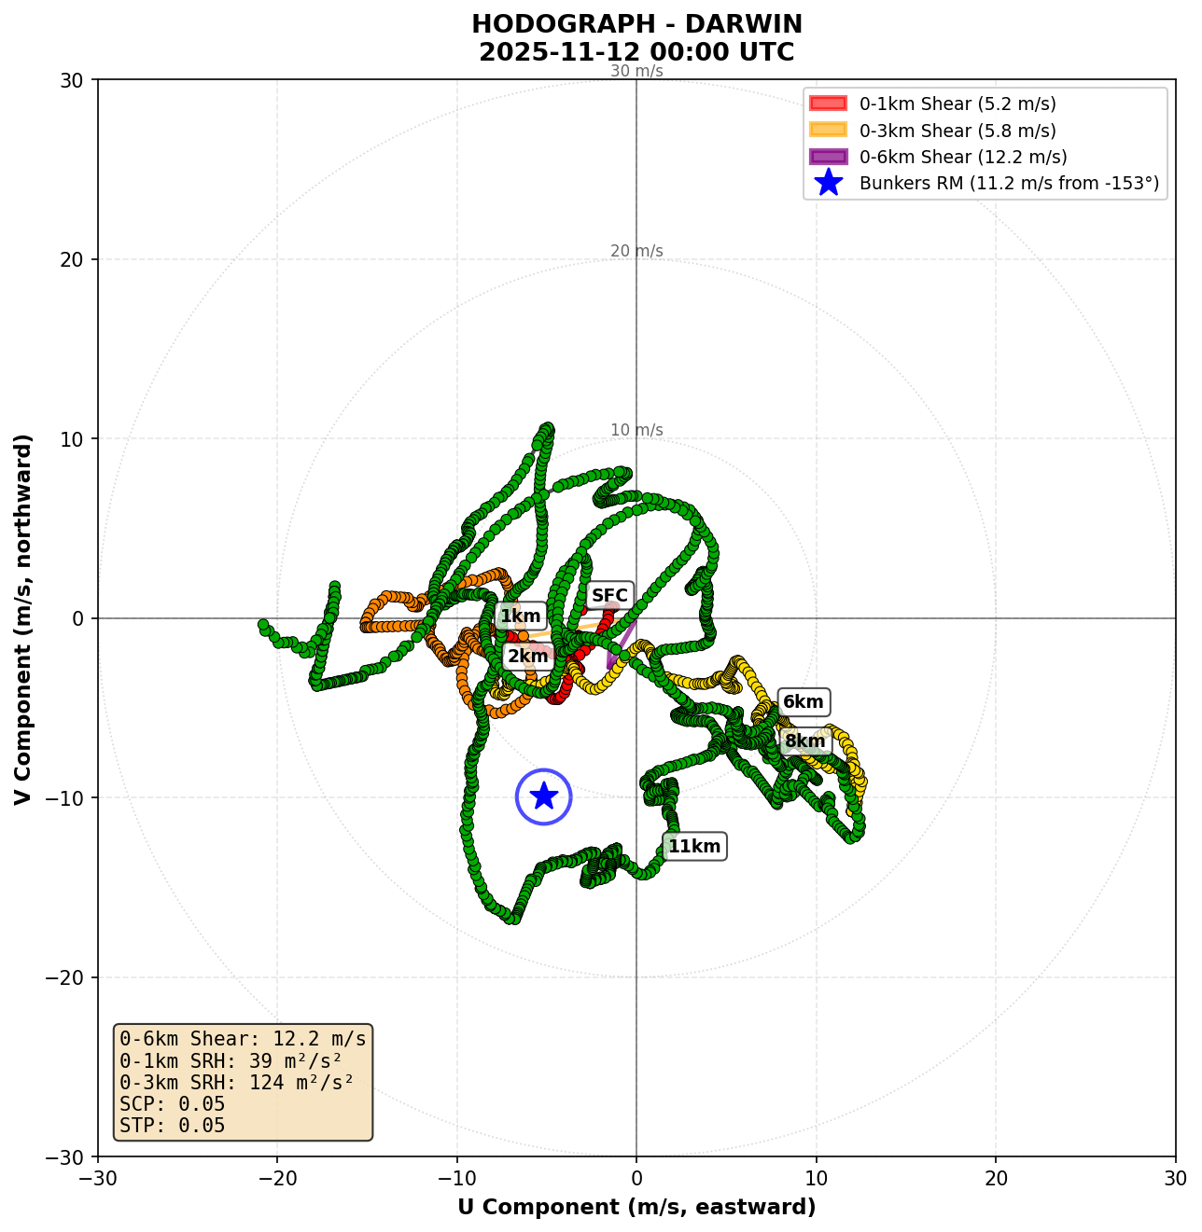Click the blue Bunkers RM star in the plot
pos(544,796)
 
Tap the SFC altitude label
pos(610,595)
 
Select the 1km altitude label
pos(520,616)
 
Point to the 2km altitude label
pos(527,656)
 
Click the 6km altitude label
pos(803,702)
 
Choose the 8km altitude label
pos(804,741)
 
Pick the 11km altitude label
pos(694,846)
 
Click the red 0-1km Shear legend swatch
pos(828,104)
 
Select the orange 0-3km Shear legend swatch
pos(828,131)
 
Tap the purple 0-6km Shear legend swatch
pos(828,157)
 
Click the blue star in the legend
pos(828,184)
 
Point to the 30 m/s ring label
pos(636,71)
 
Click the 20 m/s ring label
pos(636,251)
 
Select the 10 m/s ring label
pos(636,430)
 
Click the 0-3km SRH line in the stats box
pos(237,1083)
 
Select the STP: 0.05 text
pos(173,1126)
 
